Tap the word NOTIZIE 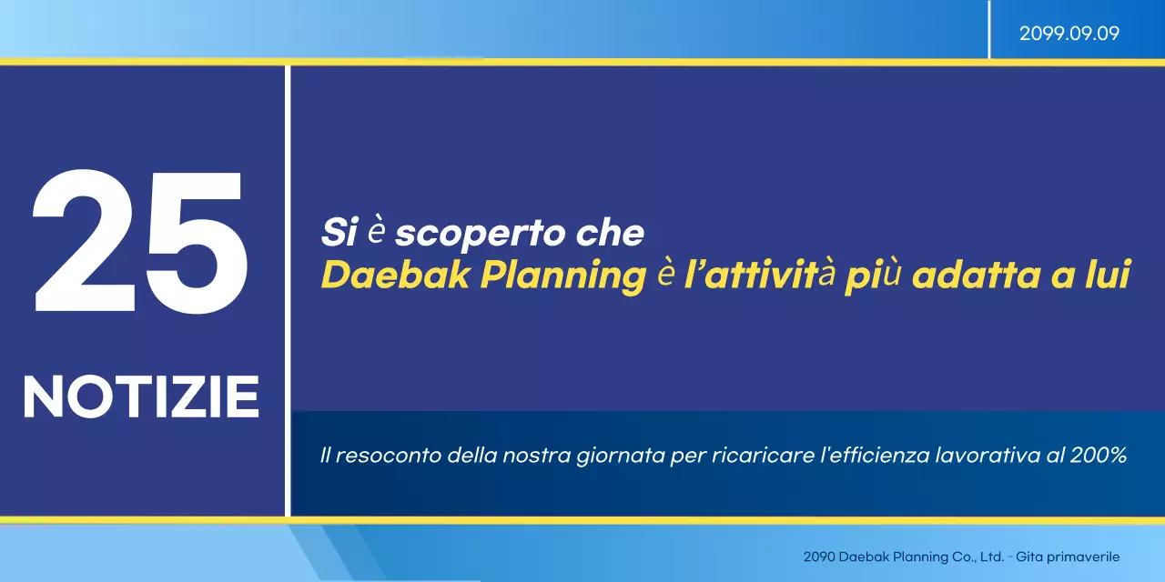pos(141,397)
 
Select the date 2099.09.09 pos(1069,34)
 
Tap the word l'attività pos(759,276)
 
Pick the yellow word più pos(872,276)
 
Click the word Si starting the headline pos(338,234)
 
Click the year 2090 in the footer pos(818,557)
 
